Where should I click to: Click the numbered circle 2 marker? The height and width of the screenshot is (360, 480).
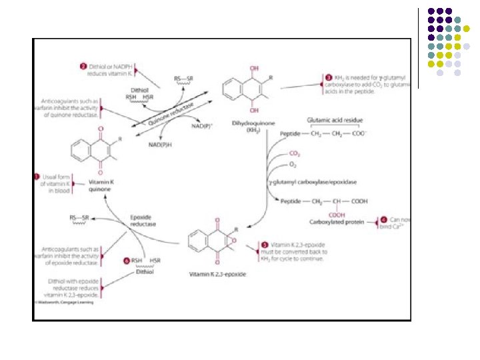click(x=83, y=67)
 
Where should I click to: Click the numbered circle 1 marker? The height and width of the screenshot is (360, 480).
click(x=37, y=176)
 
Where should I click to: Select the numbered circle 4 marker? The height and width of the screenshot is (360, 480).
click(x=383, y=219)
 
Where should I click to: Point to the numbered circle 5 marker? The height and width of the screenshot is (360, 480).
click(x=265, y=245)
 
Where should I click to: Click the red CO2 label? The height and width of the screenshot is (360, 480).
click(x=293, y=154)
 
